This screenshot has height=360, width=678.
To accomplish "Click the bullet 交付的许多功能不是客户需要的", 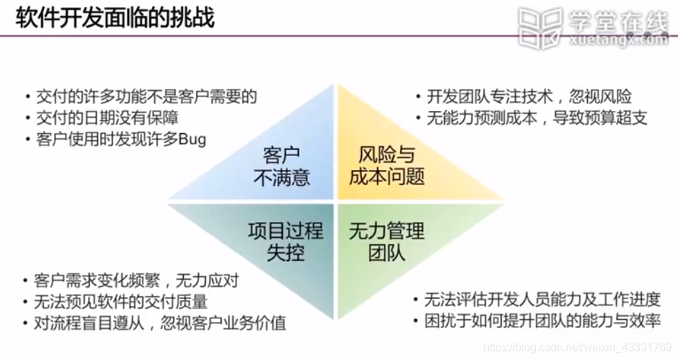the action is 146,96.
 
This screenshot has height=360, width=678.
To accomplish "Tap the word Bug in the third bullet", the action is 192,139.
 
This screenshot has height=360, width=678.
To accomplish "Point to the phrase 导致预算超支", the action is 600,118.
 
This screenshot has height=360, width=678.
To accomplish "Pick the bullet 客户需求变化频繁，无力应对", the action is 136,281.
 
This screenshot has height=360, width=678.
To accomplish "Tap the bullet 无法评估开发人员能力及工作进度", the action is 541,300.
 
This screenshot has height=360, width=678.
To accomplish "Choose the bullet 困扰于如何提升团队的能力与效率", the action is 541,321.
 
